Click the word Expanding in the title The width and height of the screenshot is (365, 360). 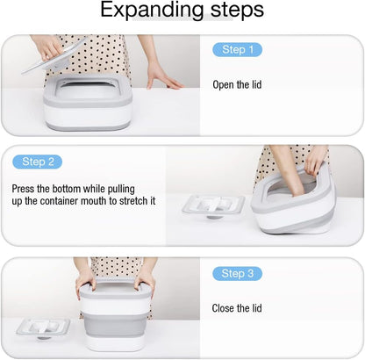[x=152, y=10]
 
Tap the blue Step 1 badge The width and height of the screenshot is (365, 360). [x=237, y=49]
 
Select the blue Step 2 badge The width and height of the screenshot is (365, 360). [x=38, y=162]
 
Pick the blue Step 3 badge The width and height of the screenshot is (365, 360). [x=237, y=273]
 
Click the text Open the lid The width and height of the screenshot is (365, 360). [x=237, y=85]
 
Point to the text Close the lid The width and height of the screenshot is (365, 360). [x=237, y=308]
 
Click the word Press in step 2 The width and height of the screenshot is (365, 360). [x=23, y=189]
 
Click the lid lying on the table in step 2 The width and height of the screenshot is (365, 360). [x=213, y=205]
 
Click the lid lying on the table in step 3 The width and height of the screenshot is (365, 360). [x=43, y=328]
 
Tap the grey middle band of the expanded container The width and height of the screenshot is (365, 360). [x=115, y=325]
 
